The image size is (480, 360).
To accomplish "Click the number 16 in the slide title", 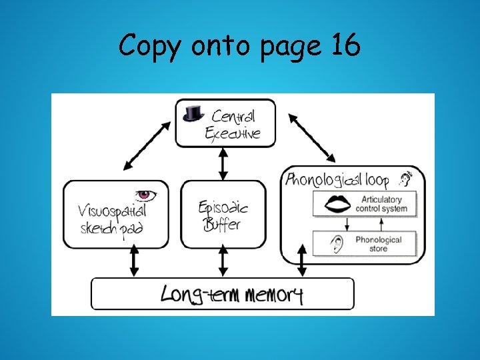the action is coord(343,46).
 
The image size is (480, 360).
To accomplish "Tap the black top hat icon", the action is coord(193,113).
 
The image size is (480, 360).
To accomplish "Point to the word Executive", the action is coord(233,133).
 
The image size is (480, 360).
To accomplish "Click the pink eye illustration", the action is coord(146,195).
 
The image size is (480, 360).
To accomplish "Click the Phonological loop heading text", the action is coord(340,179).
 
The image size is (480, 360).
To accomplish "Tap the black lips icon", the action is coord(337,204).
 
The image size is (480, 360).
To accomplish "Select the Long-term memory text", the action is coord(231,294).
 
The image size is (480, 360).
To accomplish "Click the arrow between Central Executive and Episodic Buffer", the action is coord(223,163).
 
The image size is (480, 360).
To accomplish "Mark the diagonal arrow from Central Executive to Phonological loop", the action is coord(311,137).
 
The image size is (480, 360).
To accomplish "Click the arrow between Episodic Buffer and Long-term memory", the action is coord(223,262).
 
